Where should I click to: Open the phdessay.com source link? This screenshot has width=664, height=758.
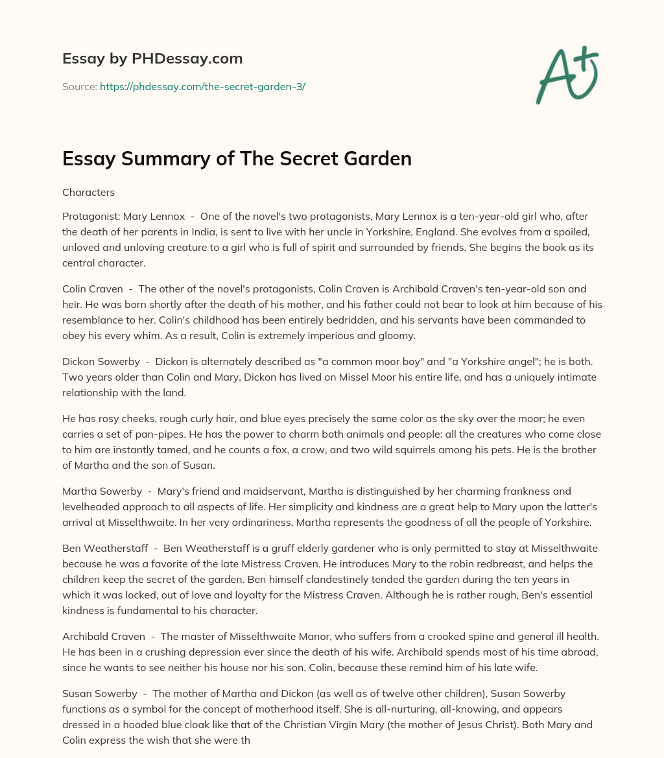tap(202, 86)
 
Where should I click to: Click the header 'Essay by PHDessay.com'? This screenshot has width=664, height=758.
tap(152, 59)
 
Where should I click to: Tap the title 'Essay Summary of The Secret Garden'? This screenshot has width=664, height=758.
tap(237, 159)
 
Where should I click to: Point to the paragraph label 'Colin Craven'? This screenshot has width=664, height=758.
tap(93, 289)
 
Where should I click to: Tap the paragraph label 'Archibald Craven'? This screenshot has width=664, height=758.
tap(104, 637)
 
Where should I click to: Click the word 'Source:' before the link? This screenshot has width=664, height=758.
tap(80, 86)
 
